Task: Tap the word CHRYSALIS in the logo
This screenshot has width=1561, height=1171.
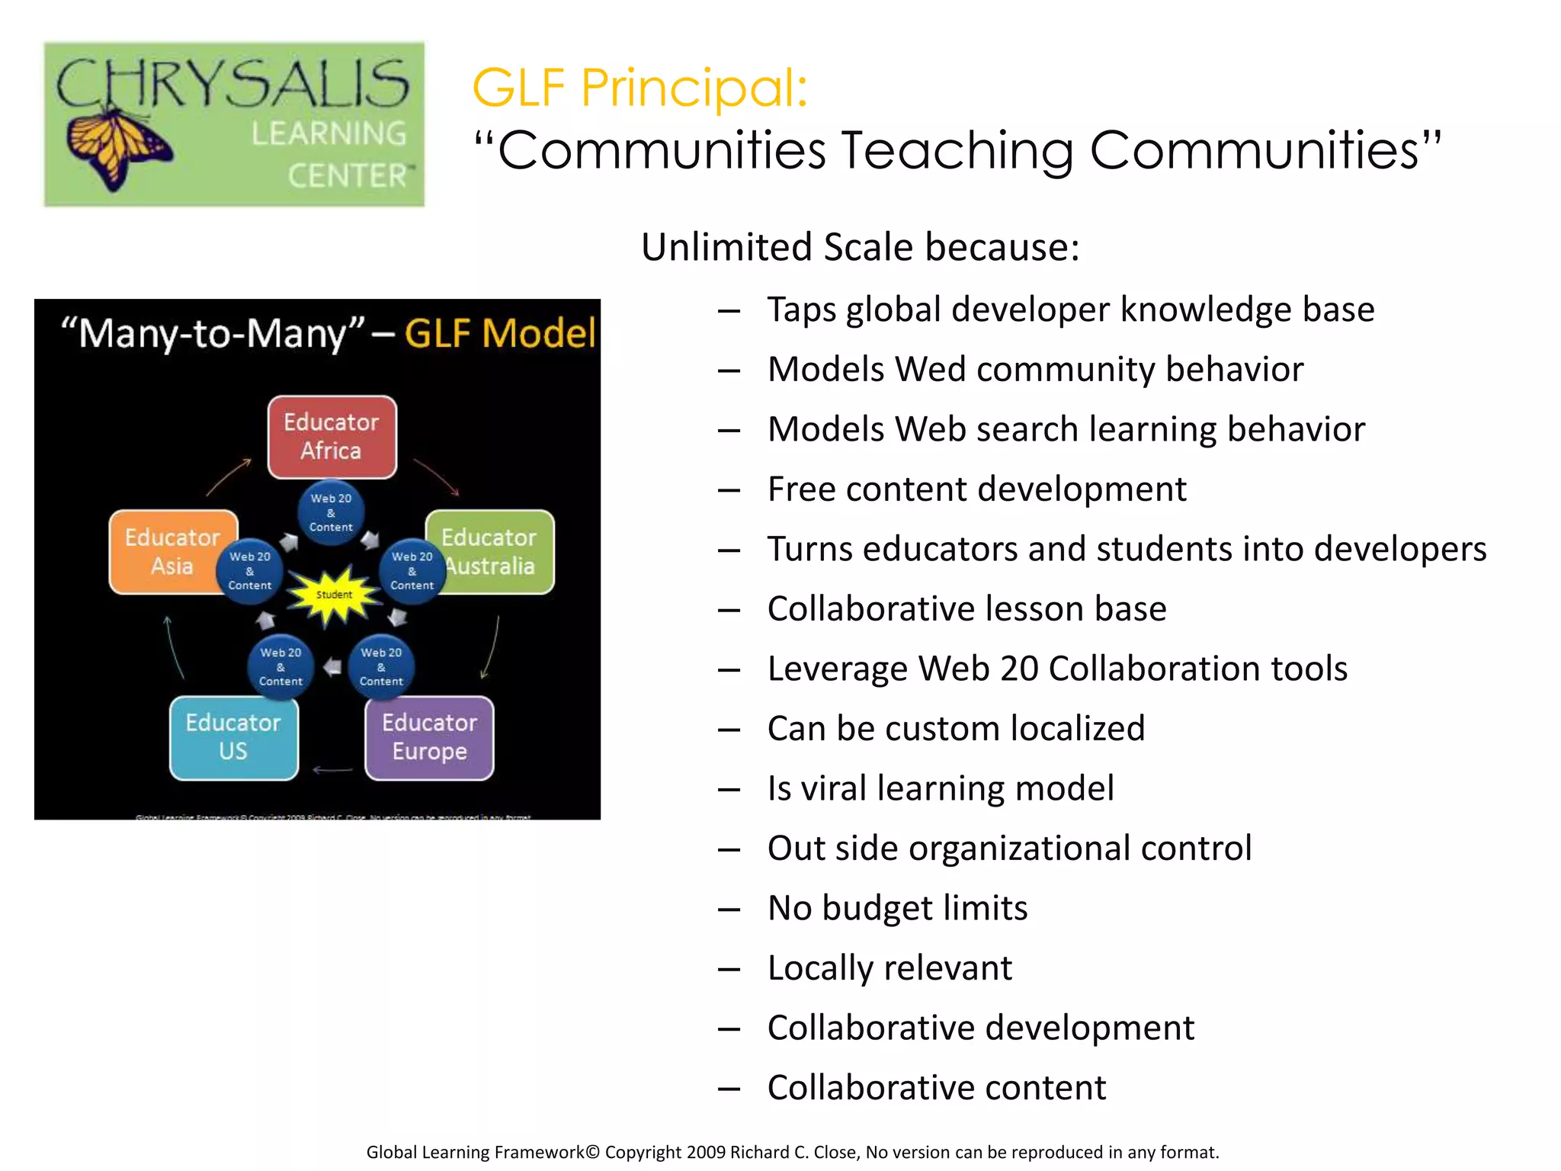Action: [x=232, y=84]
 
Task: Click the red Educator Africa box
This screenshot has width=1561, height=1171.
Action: [x=332, y=437]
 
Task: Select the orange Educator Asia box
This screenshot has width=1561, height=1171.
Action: [x=164, y=551]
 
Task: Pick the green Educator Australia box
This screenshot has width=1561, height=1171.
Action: [x=499, y=551]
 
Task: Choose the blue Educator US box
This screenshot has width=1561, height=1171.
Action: [x=233, y=737]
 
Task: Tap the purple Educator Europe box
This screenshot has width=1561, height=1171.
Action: [x=429, y=737]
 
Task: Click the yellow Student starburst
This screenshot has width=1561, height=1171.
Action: [x=333, y=595]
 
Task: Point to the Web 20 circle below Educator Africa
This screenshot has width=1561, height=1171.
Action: [x=331, y=512]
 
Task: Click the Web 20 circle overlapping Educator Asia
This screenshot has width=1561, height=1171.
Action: [x=250, y=571]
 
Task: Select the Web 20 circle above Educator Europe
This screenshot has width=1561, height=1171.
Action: [x=381, y=667]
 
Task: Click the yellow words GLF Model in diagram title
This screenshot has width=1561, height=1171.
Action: [x=500, y=334]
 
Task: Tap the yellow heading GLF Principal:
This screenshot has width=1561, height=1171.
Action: [x=639, y=88]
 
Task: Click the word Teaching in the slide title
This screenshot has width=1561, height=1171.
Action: [x=957, y=150]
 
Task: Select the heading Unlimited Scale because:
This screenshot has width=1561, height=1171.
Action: [x=860, y=247]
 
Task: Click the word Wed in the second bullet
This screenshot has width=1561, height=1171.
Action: [x=931, y=370]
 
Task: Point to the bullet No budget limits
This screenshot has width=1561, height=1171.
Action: [x=897, y=908]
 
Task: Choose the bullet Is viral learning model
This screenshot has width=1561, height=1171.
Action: [x=940, y=788]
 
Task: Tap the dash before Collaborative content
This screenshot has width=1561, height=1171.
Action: [x=729, y=1089]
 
